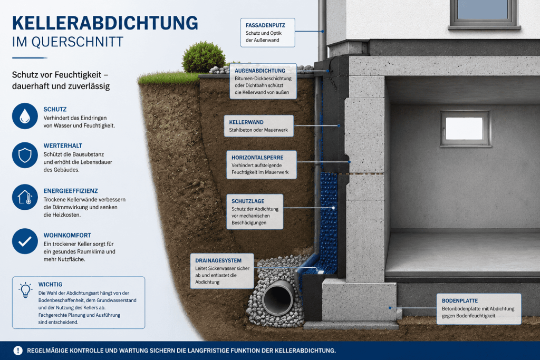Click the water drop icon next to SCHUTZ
click(25, 116)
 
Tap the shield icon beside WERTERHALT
click(25, 155)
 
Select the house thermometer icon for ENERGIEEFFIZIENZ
click(25, 197)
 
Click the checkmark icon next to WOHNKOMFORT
click(25, 241)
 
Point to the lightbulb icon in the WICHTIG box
click(25, 290)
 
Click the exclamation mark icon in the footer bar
click(18, 351)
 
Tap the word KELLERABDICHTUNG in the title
click(105, 23)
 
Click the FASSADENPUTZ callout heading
click(265, 25)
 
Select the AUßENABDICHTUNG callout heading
click(260, 71)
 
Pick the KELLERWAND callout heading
click(246, 122)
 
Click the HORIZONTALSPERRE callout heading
click(257, 158)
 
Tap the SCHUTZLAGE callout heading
click(248, 201)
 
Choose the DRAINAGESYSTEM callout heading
click(218, 260)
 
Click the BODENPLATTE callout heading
click(460, 301)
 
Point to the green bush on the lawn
click(204, 57)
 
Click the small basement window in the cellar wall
click(465, 129)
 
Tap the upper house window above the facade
click(484, 13)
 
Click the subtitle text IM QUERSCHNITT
click(67, 42)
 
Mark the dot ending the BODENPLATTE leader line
click(390, 308)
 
